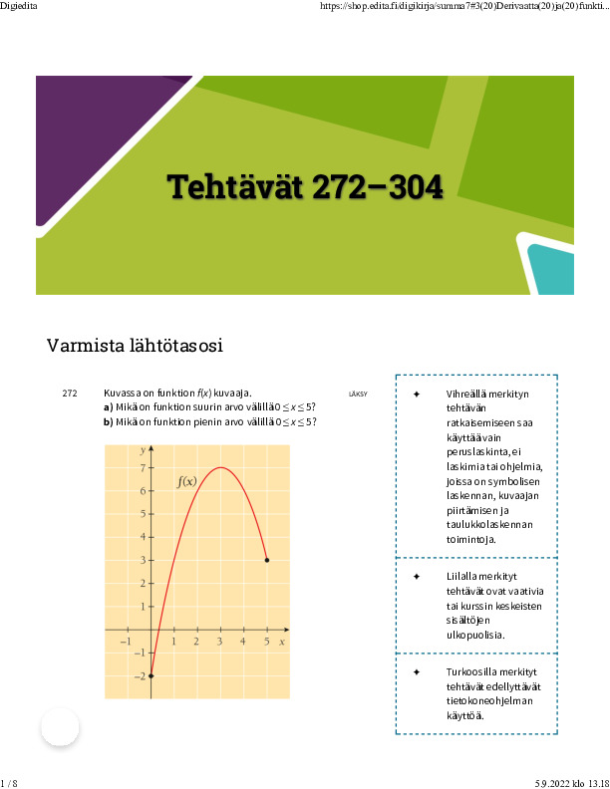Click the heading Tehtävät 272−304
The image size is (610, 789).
[x=304, y=185]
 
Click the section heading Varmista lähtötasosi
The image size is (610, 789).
[x=134, y=347]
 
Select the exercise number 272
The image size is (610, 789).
[x=70, y=394]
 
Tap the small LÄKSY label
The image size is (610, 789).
[x=358, y=394]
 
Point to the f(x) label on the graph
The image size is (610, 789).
[x=186, y=481]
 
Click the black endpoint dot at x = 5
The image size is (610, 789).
[x=267, y=560]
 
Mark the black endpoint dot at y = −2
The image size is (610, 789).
[x=152, y=675]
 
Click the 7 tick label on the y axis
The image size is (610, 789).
[x=144, y=467]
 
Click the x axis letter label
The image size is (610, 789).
[x=282, y=642]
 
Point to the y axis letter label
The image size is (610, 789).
[x=143, y=450]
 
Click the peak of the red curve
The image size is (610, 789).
[x=221, y=468]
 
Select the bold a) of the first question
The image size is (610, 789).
[x=109, y=407]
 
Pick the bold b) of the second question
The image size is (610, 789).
[x=109, y=421]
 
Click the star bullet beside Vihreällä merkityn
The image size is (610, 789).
[x=417, y=394]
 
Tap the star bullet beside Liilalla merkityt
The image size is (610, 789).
[x=417, y=577]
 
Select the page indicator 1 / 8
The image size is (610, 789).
[x=9, y=783]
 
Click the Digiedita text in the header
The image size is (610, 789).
[x=19, y=6]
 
